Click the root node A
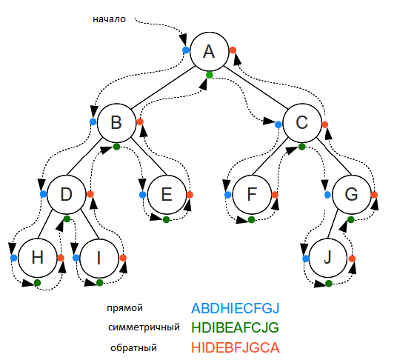coord(209,51)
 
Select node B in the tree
coord(116,122)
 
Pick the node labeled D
coord(67,194)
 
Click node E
coord(166,194)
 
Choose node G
coord(351,194)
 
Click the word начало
coord(110,20)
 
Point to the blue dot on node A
coord(185,50)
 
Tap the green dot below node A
coord(210,74)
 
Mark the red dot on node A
coord(233,50)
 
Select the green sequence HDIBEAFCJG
coord(236,327)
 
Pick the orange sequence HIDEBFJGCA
coord(236,347)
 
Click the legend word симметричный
coord(144,327)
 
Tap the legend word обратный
coord(133,347)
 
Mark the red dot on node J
coord(352,258)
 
